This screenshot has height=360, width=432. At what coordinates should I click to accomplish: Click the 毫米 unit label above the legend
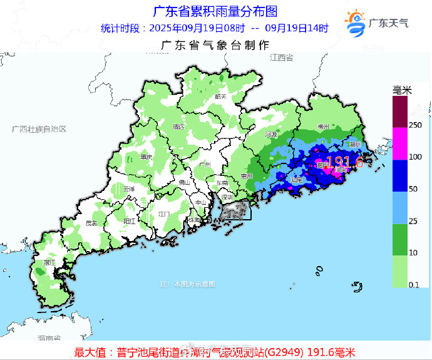pos(402,91)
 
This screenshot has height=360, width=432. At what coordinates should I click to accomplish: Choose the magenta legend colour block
pos(401,143)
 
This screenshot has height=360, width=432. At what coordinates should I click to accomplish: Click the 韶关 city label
pos(220,96)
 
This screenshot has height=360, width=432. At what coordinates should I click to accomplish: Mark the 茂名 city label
pos(92,223)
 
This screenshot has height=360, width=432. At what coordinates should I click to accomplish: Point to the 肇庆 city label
pos(147,157)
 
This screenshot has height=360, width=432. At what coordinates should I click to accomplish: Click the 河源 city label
pos(270,134)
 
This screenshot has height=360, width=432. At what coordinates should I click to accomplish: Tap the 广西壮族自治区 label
pos(39,128)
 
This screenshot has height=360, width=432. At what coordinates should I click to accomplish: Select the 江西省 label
pos(282,58)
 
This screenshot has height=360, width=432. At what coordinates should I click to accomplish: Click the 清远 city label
pos(179,127)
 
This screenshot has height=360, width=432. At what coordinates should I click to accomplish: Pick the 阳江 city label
pos(130,221)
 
